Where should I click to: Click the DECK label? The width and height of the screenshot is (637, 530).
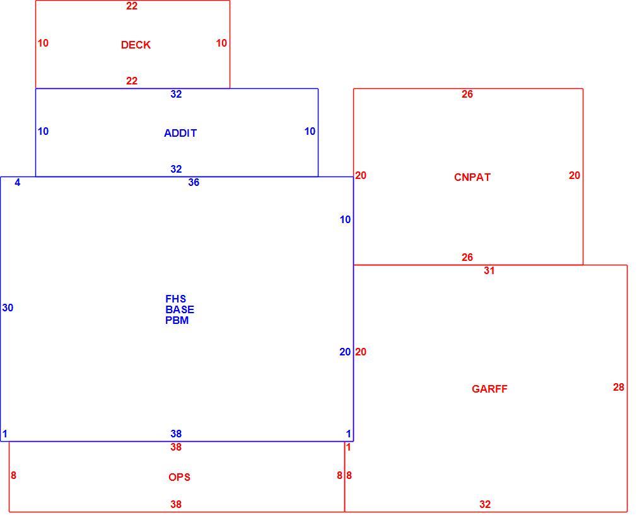(136, 45)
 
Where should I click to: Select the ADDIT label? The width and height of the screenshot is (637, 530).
(180, 133)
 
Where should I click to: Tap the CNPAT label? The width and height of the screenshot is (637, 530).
(472, 177)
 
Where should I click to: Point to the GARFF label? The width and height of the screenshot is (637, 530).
(489, 389)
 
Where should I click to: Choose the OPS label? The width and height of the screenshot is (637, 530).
(179, 477)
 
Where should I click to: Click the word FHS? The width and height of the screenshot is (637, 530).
(175, 299)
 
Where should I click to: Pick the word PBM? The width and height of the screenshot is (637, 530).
(177, 321)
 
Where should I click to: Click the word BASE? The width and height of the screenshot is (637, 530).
(180, 309)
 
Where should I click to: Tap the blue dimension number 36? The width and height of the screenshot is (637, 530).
(194, 183)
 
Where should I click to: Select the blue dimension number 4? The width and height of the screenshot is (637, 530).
(18, 183)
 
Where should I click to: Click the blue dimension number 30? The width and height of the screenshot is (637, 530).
(8, 308)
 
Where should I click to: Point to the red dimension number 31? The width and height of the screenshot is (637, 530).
(489, 271)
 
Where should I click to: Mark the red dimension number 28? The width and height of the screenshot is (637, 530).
(618, 388)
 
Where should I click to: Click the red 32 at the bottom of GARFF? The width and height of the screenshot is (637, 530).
(485, 504)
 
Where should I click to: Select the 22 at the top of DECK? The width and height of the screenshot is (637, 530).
(132, 6)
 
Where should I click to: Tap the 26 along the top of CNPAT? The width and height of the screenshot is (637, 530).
(467, 94)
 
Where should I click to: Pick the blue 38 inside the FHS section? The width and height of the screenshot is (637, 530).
(176, 434)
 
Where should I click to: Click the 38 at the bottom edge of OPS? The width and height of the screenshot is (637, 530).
(176, 504)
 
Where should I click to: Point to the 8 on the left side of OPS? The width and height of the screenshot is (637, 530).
(13, 475)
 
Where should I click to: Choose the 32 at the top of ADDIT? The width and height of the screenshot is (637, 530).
(176, 94)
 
